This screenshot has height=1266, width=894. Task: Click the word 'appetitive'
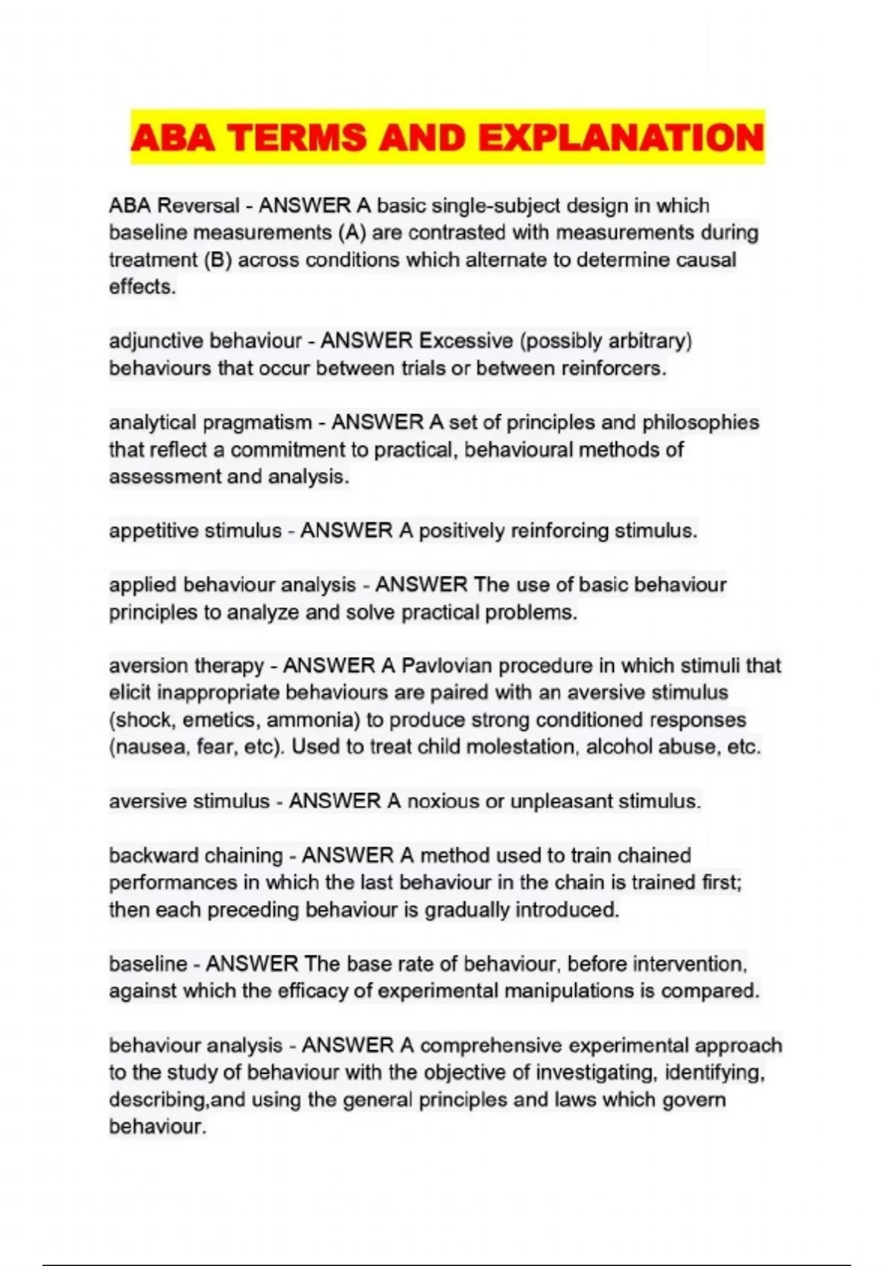[153, 531]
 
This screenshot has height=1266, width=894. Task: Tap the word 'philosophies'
[700, 422]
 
